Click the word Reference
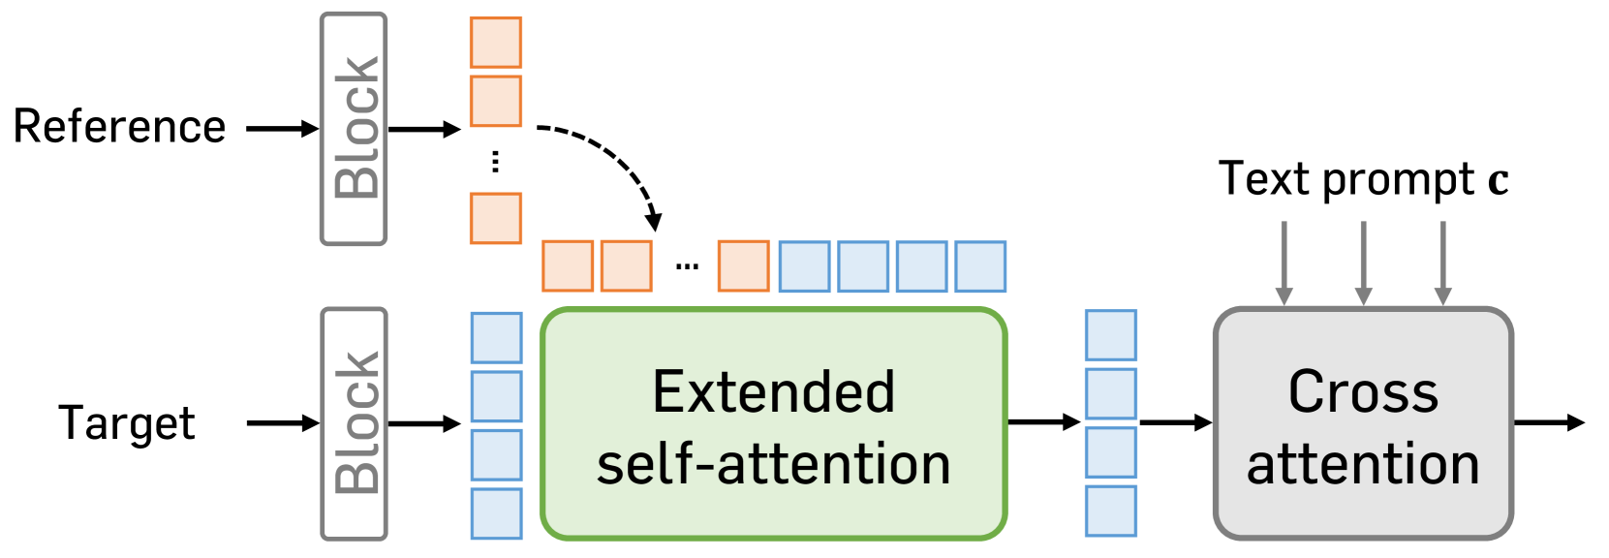(x=119, y=127)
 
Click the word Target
(x=127, y=423)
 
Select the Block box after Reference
(x=355, y=128)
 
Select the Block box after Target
(x=355, y=423)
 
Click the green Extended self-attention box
(x=773, y=424)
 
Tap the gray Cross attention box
(x=1362, y=424)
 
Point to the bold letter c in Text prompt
(x=1498, y=181)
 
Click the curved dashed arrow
(x=615, y=160)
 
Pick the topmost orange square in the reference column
(x=496, y=43)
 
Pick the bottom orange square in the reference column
(x=496, y=218)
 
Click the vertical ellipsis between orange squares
(x=496, y=161)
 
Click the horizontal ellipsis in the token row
(x=687, y=265)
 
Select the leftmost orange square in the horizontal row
(x=568, y=266)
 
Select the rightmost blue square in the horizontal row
(x=980, y=266)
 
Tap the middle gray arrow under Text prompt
(x=1363, y=262)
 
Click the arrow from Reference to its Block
(x=282, y=128)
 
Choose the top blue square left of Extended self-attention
(x=496, y=337)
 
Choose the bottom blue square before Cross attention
(x=1110, y=511)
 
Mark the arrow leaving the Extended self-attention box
(x=1043, y=421)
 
